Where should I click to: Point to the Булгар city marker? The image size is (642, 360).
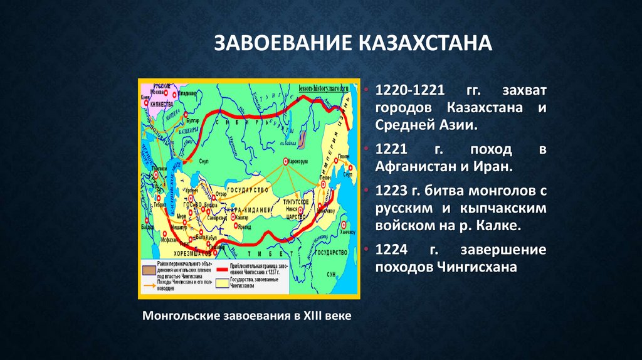186,115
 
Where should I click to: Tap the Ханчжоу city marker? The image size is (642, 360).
344,223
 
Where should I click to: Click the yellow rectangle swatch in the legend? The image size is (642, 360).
222,283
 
